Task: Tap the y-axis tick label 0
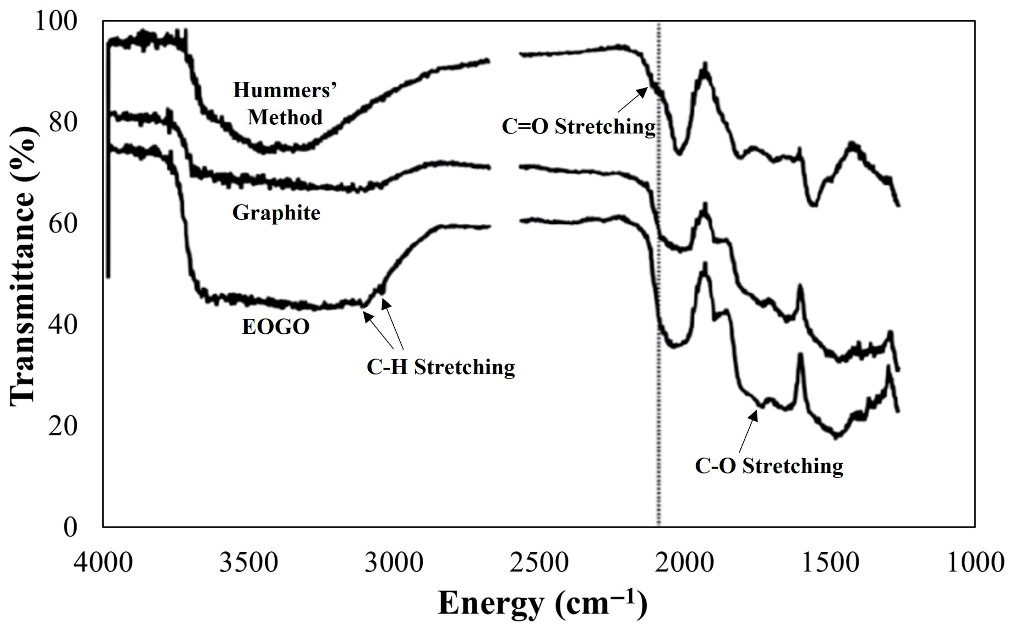pyautogui.click(x=70, y=527)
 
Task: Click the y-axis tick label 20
pyautogui.click(x=63, y=427)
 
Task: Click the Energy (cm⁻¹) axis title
pyautogui.click(x=542, y=603)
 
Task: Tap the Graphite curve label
pyautogui.click(x=276, y=213)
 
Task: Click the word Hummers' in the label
pyautogui.click(x=285, y=89)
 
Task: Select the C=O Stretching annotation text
pyautogui.click(x=578, y=127)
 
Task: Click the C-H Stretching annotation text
pyautogui.click(x=441, y=367)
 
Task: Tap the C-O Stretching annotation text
pyautogui.click(x=768, y=466)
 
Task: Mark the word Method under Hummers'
pyautogui.click(x=285, y=117)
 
